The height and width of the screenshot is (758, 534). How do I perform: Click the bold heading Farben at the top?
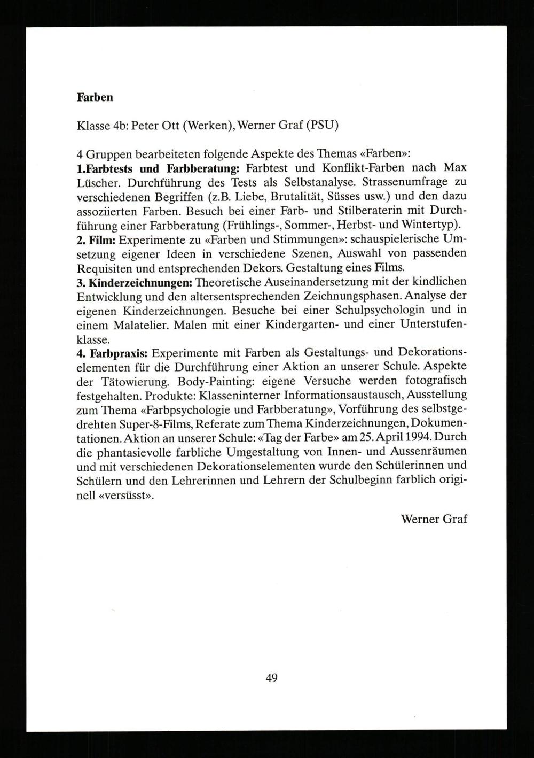click(95, 97)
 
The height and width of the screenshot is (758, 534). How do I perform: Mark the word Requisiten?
click(104, 267)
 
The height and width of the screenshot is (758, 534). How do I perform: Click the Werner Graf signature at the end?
click(434, 519)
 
